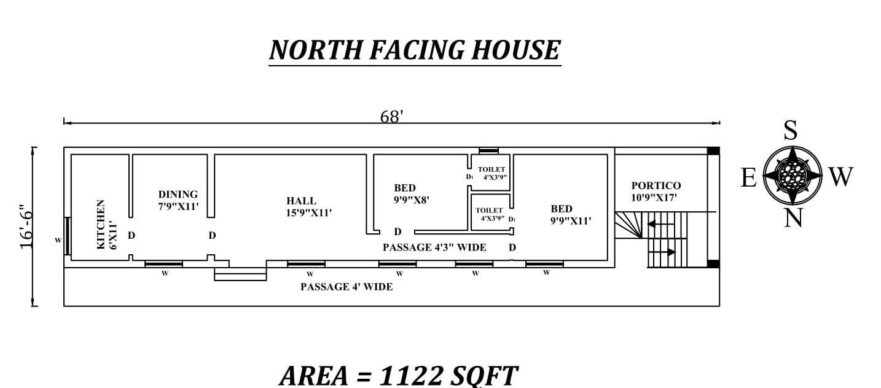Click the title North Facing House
(x=415, y=50)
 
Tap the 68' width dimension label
(x=391, y=117)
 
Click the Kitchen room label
(x=106, y=224)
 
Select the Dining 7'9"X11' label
(x=178, y=200)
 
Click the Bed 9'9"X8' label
(x=411, y=193)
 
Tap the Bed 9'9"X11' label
(x=571, y=214)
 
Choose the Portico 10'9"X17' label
(x=656, y=192)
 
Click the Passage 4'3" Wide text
(x=434, y=247)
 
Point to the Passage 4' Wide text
(x=347, y=287)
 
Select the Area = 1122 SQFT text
(x=398, y=374)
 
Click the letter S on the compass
(x=791, y=131)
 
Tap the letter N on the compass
(x=793, y=217)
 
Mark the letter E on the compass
(x=748, y=177)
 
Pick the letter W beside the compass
(x=840, y=177)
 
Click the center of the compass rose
(x=793, y=175)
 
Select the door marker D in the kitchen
(x=131, y=235)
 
